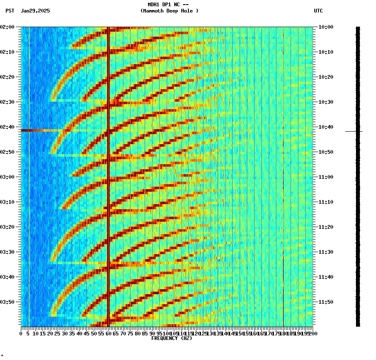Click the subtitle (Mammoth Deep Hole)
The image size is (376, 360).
point(169,11)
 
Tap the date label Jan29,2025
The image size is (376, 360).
point(35,11)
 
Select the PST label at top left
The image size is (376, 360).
point(10,11)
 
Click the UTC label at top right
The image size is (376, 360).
point(318,11)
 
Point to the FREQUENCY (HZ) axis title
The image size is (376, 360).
point(172,338)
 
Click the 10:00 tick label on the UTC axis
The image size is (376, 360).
point(326,27)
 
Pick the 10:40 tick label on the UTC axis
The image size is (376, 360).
point(326,127)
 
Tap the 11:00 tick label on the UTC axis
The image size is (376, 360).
point(326,177)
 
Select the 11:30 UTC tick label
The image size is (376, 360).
point(326,252)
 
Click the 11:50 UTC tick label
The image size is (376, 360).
point(326,302)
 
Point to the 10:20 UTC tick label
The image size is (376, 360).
point(326,77)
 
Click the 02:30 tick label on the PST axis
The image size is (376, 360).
point(8,102)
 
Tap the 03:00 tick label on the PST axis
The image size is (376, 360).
point(8,177)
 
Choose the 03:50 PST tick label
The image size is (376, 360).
point(8,302)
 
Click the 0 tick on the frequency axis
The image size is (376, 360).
point(21,334)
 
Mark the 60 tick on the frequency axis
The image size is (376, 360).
point(108,334)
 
